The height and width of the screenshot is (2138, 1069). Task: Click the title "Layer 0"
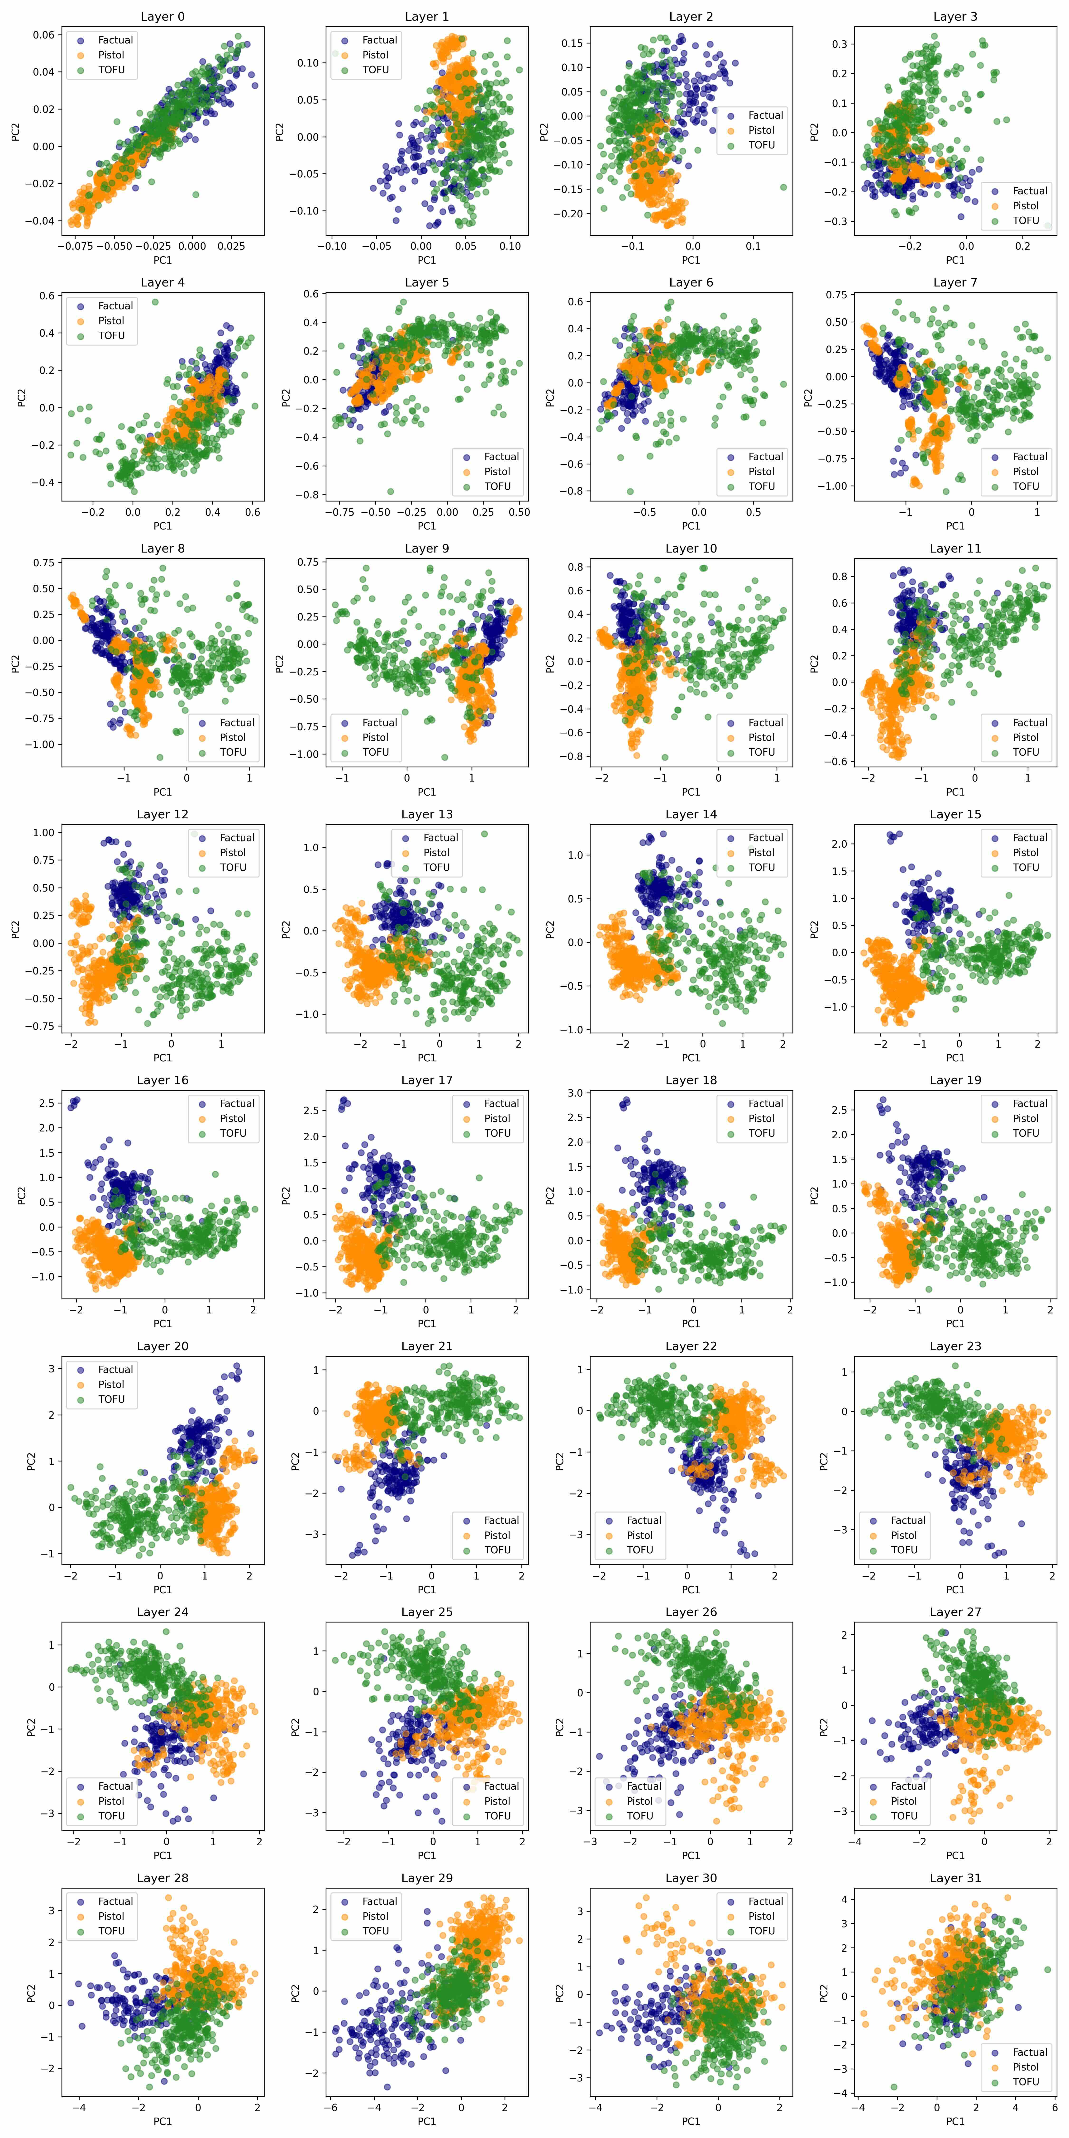(163, 17)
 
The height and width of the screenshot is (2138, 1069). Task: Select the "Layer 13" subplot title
(427, 814)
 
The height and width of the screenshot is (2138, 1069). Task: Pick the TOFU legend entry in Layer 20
(111, 1399)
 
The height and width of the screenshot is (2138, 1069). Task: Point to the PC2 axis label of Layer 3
(815, 131)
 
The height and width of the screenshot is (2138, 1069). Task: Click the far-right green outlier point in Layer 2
(783, 188)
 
